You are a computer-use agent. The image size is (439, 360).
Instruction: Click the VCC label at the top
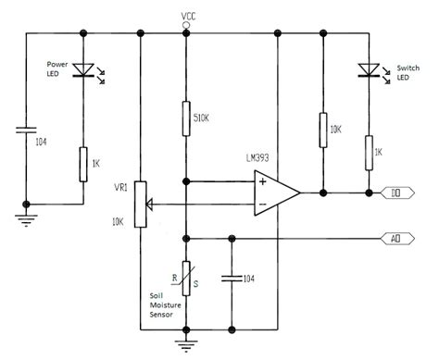(x=188, y=16)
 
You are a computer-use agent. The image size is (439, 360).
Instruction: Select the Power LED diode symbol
(x=84, y=70)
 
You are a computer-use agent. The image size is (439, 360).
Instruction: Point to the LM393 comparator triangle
(x=277, y=193)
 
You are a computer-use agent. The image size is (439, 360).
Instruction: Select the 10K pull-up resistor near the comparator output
(x=321, y=131)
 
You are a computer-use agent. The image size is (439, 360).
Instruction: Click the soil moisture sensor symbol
(x=187, y=277)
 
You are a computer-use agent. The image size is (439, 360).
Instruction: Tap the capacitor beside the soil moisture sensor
(x=231, y=277)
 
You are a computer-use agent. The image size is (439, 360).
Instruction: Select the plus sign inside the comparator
(x=263, y=182)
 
